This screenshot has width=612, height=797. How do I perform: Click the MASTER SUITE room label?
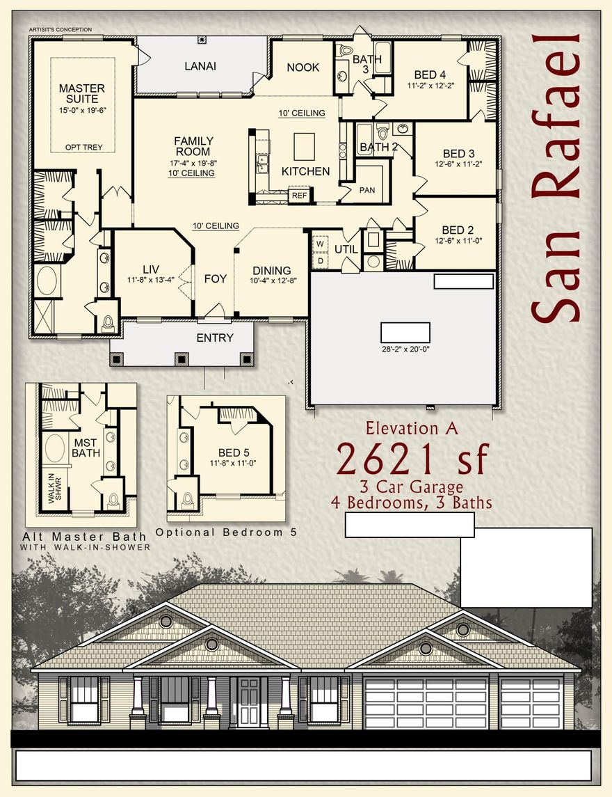[x=82, y=93]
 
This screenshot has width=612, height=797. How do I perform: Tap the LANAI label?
[x=200, y=67]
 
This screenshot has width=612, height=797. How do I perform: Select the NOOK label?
[x=303, y=68]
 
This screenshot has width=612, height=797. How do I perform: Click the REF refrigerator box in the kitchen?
[x=299, y=196]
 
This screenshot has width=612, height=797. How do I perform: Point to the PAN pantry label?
[x=367, y=189]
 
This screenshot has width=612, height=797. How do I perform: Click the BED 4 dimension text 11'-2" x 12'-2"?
[x=430, y=86]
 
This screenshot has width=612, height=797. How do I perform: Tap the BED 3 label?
[x=458, y=154]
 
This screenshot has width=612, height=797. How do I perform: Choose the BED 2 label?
[x=458, y=230]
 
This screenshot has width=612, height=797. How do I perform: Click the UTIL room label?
[x=346, y=249]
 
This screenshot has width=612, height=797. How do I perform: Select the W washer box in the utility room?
[x=321, y=244]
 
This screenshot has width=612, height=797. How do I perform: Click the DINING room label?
[x=271, y=271]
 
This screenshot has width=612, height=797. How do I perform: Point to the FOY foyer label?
[x=215, y=278]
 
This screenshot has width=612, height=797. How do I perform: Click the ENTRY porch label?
[x=215, y=338]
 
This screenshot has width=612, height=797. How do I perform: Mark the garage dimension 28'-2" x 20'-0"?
[x=405, y=349]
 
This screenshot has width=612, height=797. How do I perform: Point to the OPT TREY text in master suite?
[x=82, y=148]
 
